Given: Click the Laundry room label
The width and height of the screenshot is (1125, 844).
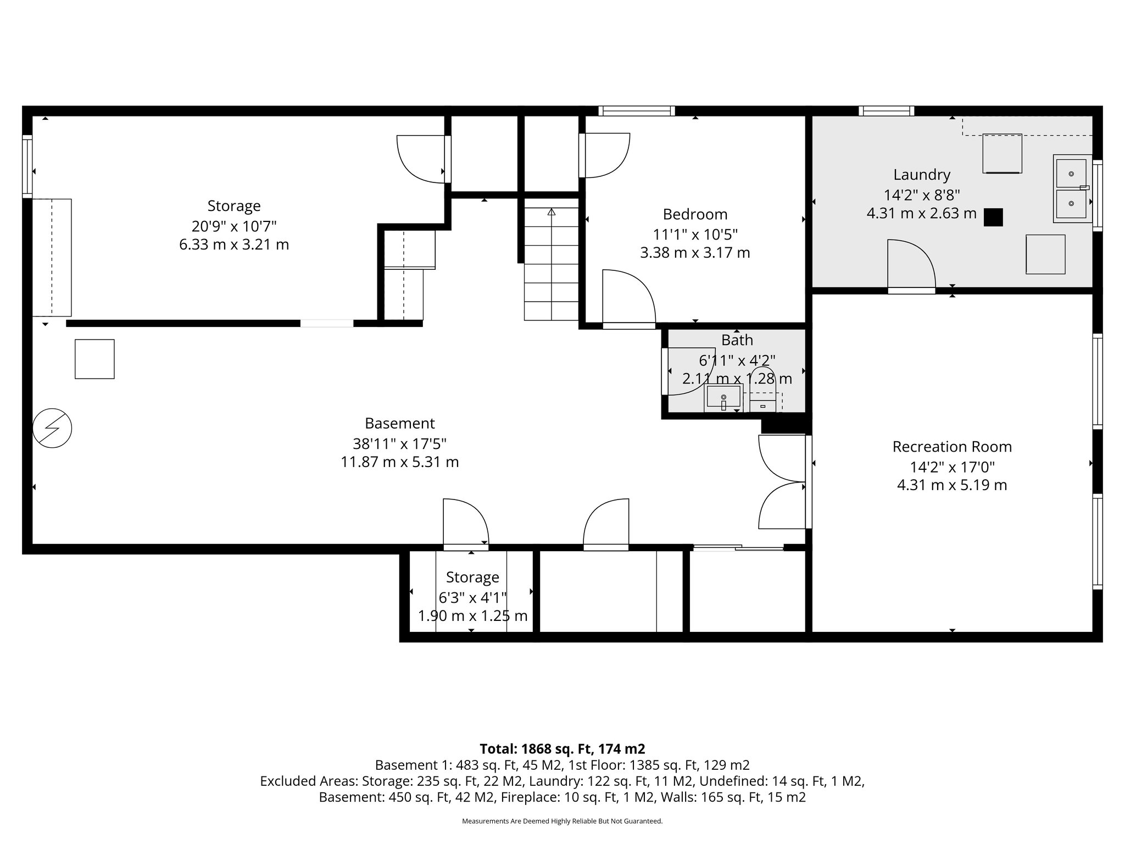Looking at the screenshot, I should [x=922, y=175].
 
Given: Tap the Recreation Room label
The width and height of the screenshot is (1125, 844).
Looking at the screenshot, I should [x=952, y=447].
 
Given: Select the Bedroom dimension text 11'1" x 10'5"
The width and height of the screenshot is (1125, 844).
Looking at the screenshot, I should [x=695, y=235].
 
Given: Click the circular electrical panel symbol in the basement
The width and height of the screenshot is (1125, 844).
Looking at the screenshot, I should [x=52, y=428].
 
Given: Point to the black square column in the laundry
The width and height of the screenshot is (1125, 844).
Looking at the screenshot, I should [x=993, y=218].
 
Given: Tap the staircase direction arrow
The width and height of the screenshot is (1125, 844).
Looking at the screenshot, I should [x=552, y=212].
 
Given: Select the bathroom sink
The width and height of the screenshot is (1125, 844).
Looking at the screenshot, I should [x=723, y=397].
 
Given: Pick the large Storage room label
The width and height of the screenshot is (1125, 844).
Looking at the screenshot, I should [x=234, y=206].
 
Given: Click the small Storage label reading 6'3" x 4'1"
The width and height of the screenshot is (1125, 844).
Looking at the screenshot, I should [x=472, y=597].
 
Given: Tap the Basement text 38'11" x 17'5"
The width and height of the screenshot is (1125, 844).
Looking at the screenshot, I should [x=399, y=443].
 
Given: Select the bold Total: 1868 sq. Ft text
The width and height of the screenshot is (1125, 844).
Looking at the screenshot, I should [x=562, y=749].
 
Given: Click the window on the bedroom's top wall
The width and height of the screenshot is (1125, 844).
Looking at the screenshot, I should [x=636, y=111].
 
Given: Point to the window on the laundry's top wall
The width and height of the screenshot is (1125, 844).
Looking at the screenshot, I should [x=887, y=111].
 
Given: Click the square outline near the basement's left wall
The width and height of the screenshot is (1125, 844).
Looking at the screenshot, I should [x=94, y=359].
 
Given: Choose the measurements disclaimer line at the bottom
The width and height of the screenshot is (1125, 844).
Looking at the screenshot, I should [x=562, y=821].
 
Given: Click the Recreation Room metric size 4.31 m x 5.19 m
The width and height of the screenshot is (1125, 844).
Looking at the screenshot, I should [x=952, y=485].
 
